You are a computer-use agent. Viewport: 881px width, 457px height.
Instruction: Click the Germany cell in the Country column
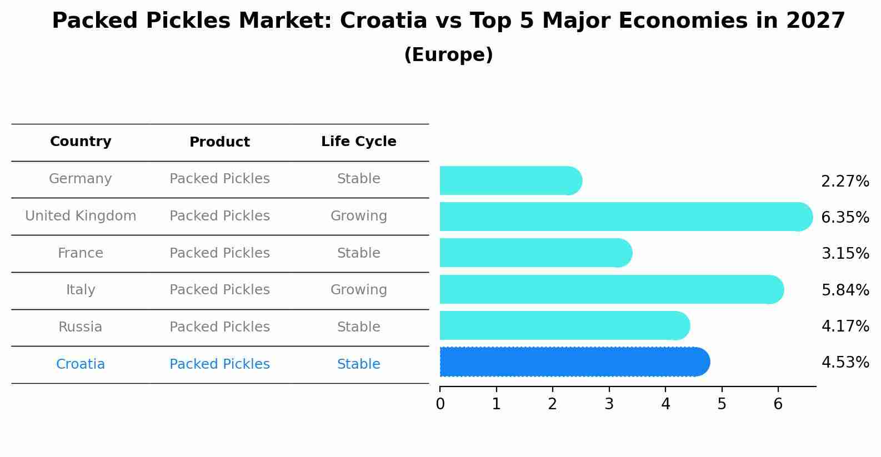81,179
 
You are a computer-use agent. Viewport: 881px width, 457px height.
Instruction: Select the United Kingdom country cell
81,216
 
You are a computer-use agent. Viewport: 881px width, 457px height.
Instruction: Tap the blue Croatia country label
81,364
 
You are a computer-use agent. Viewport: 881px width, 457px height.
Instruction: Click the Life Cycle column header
359,142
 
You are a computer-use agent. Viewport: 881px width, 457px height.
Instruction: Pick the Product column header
219,142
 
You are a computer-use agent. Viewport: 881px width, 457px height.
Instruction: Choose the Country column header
81,142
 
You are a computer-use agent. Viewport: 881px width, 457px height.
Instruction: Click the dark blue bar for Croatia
572,362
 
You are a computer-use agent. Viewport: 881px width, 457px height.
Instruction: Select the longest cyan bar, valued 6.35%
622,217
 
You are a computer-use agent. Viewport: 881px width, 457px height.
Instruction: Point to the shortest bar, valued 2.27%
508,180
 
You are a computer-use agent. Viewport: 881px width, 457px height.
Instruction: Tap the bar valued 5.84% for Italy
608,289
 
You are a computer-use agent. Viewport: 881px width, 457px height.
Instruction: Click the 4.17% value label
845,326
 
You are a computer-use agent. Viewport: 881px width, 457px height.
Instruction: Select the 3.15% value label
845,254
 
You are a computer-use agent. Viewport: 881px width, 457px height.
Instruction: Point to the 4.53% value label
845,363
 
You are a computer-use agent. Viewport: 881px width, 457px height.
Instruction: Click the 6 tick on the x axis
778,404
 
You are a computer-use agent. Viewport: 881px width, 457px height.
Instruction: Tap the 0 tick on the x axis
440,404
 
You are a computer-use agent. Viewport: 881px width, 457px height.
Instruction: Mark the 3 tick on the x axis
609,404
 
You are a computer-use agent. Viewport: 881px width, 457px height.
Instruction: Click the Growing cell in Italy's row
359,290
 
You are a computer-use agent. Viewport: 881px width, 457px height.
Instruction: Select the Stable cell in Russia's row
359,327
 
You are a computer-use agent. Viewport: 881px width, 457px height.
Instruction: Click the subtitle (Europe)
448,55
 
